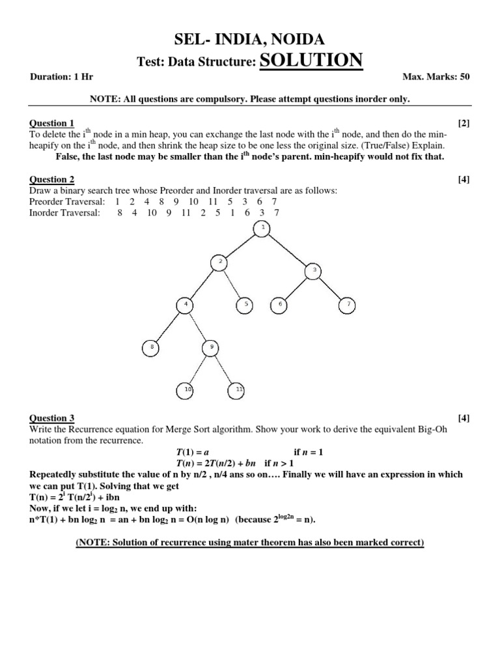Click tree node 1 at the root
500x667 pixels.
(262, 227)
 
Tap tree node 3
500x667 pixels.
(313, 270)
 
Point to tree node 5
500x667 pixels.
(245, 304)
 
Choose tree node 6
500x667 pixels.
(279, 304)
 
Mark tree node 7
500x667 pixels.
(348, 304)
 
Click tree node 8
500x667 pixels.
(151, 348)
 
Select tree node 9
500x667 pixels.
(211, 348)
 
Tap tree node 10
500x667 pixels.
(186, 390)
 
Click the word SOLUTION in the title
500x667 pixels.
(311, 61)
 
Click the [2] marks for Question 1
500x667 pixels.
(464, 123)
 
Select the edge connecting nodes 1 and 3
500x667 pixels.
(288, 249)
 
